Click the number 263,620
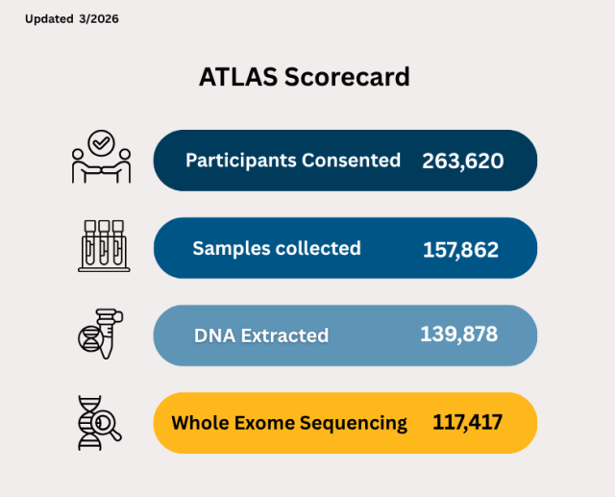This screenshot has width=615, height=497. pos(462,161)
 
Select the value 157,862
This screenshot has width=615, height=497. pos(460,250)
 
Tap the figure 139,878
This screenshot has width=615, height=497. pos(458,335)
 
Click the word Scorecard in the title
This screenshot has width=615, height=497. pos(347,77)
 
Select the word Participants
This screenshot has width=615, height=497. pos(239,161)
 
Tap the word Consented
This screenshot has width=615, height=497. pos(352,161)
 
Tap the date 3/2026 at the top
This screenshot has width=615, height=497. pos(101,19)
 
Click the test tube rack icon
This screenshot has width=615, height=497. pos(102,244)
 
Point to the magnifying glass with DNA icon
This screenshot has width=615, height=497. pos(100,423)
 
